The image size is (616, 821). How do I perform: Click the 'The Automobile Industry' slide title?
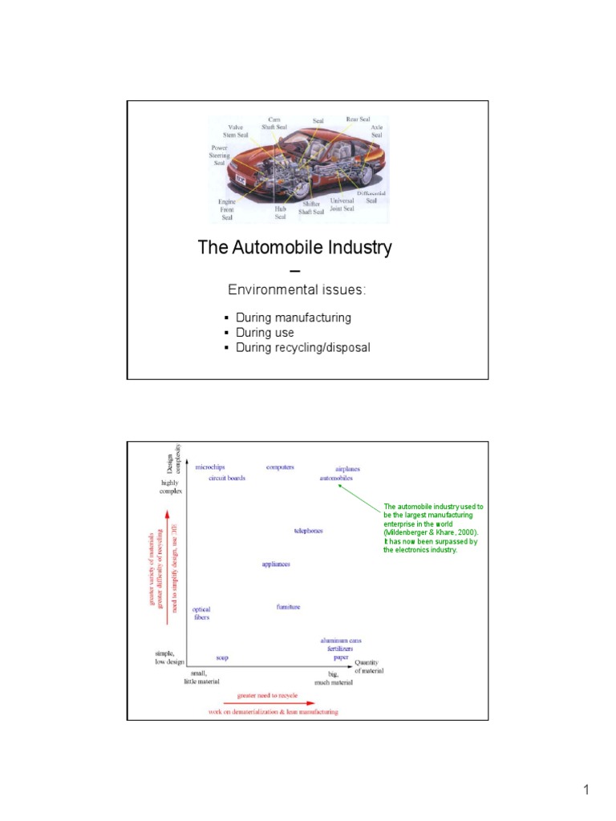point(295,248)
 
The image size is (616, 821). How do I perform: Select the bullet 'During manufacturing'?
point(293,317)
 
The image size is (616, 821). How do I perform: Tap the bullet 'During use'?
point(265,333)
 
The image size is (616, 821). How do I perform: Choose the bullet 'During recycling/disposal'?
point(302,347)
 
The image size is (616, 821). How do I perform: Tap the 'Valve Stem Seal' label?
point(237,131)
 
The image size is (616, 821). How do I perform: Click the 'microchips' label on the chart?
point(210,467)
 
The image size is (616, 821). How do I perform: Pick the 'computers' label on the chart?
point(280,467)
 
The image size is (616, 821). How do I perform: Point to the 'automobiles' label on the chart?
point(336,479)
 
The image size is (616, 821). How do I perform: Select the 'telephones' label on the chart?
point(309,531)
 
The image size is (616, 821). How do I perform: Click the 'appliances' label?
point(276,564)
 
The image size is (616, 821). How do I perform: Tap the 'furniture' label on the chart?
point(288,607)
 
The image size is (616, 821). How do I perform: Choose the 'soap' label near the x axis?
point(222,657)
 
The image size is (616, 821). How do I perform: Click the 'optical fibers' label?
point(201,614)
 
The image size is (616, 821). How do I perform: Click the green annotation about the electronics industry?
point(433,528)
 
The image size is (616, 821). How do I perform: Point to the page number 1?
point(586,791)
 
